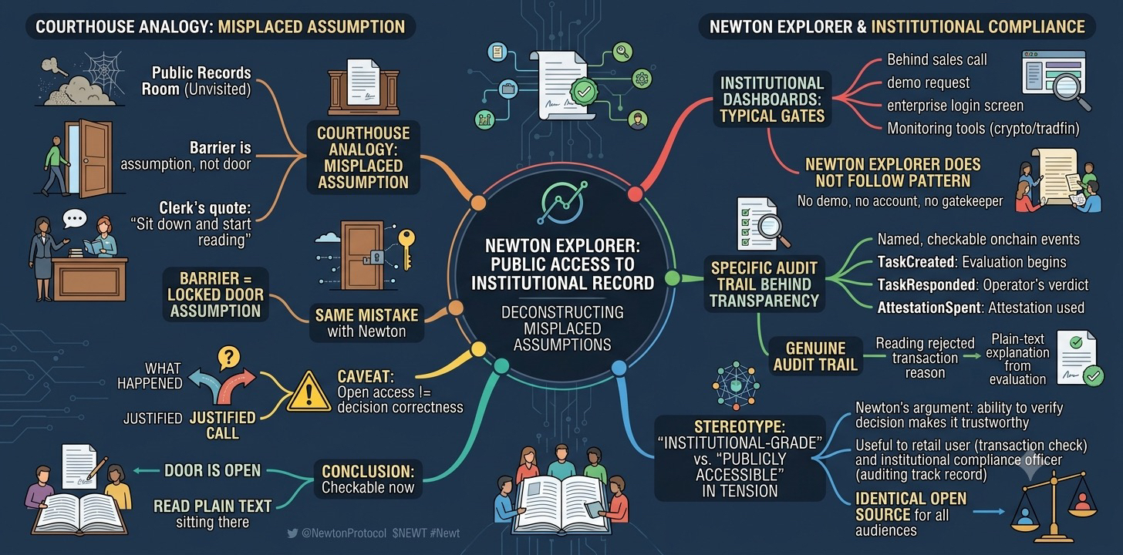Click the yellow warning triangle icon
(x=309, y=392)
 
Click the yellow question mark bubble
(x=228, y=358)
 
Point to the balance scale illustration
(x=1054, y=506)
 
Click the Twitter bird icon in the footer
(x=292, y=533)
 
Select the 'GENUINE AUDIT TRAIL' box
(x=815, y=356)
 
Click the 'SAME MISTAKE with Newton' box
(x=366, y=323)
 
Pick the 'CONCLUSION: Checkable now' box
(x=368, y=479)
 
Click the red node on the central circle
(x=636, y=193)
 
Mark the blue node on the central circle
(x=619, y=368)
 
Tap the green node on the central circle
(x=673, y=278)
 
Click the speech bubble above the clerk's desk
(x=75, y=219)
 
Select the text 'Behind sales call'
(x=936, y=59)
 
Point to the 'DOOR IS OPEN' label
(x=213, y=470)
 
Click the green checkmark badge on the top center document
(x=584, y=92)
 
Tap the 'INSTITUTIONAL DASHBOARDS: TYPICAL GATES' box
(x=772, y=99)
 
